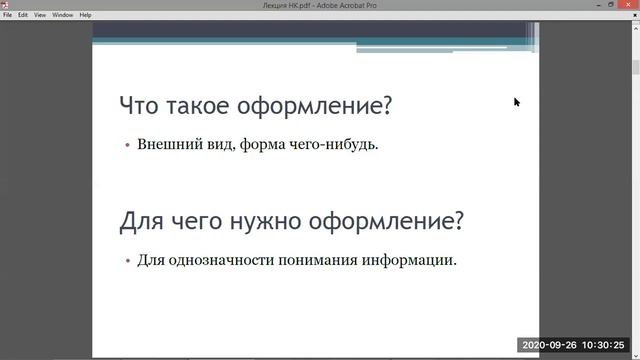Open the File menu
(8, 15)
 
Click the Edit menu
(22, 15)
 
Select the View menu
(40, 15)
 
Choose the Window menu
(62, 15)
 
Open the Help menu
(85, 15)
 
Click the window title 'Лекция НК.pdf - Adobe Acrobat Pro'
(320, 5)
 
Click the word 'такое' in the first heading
(193, 105)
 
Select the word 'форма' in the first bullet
(258, 144)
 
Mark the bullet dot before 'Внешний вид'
(127, 145)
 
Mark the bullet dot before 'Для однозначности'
(127, 262)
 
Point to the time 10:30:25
(612, 346)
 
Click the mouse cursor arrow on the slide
(517, 101)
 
